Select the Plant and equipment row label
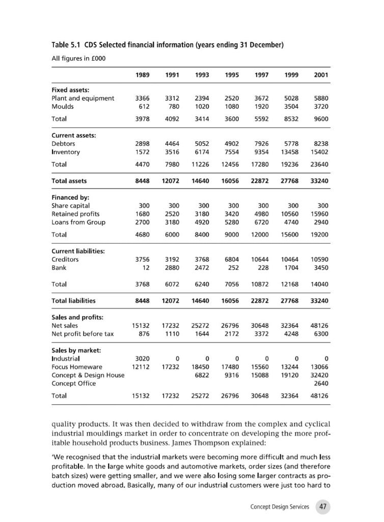(83, 98)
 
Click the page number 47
(323, 506)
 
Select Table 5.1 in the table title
(68, 45)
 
